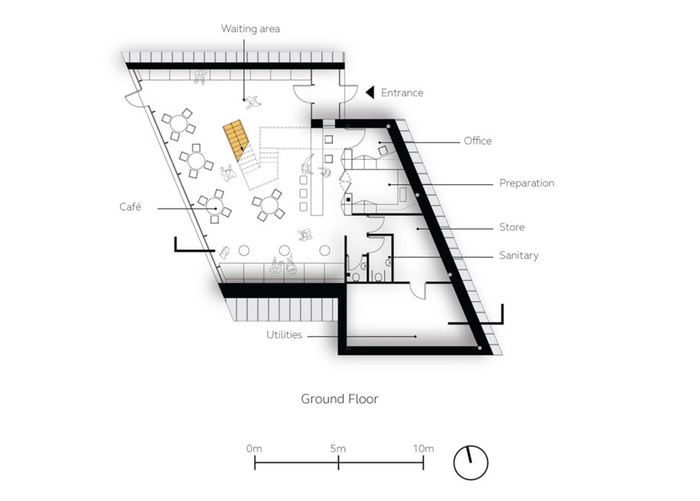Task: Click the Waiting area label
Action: (250, 29)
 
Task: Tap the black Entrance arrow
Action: (370, 93)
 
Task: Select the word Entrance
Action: (402, 93)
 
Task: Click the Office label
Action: (477, 141)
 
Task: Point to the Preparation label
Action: (527, 183)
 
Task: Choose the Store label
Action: (512, 227)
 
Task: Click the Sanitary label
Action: (519, 255)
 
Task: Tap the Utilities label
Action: (284, 334)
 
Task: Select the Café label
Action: (130, 207)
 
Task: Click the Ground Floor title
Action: (339, 399)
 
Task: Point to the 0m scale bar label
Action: (254, 448)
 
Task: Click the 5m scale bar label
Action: (338, 448)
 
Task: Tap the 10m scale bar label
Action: (423, 448)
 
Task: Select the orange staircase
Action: (236, 140)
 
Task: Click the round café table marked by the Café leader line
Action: (215, 206)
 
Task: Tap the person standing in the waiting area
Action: (252, 102)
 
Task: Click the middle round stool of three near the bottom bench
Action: (285, 250)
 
